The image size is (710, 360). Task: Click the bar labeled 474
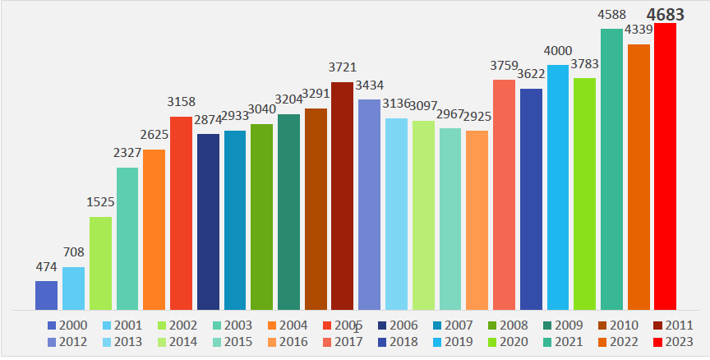click(x=46, y=295)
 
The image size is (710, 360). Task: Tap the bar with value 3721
click(x=342, y=196)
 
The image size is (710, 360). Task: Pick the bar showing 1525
click(x=100, y=263)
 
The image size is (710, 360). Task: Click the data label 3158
click(x=181, y=103)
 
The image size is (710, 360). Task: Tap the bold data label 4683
click(x=665, y=14)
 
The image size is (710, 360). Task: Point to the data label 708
click(x=73, y=253)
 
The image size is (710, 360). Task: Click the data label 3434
click(x=369, y=85)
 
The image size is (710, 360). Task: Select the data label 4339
click(x=638, y=30)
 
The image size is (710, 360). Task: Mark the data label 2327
click(x=127, y=154)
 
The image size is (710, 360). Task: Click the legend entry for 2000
click(x=67, y=325)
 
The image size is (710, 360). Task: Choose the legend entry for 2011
click(x=671, y=325)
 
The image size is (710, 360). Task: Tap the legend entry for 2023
click(x=671, y=342)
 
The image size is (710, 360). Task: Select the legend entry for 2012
click(x=67, y=342)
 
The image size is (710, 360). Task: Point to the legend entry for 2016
click(x=288, y=342)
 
